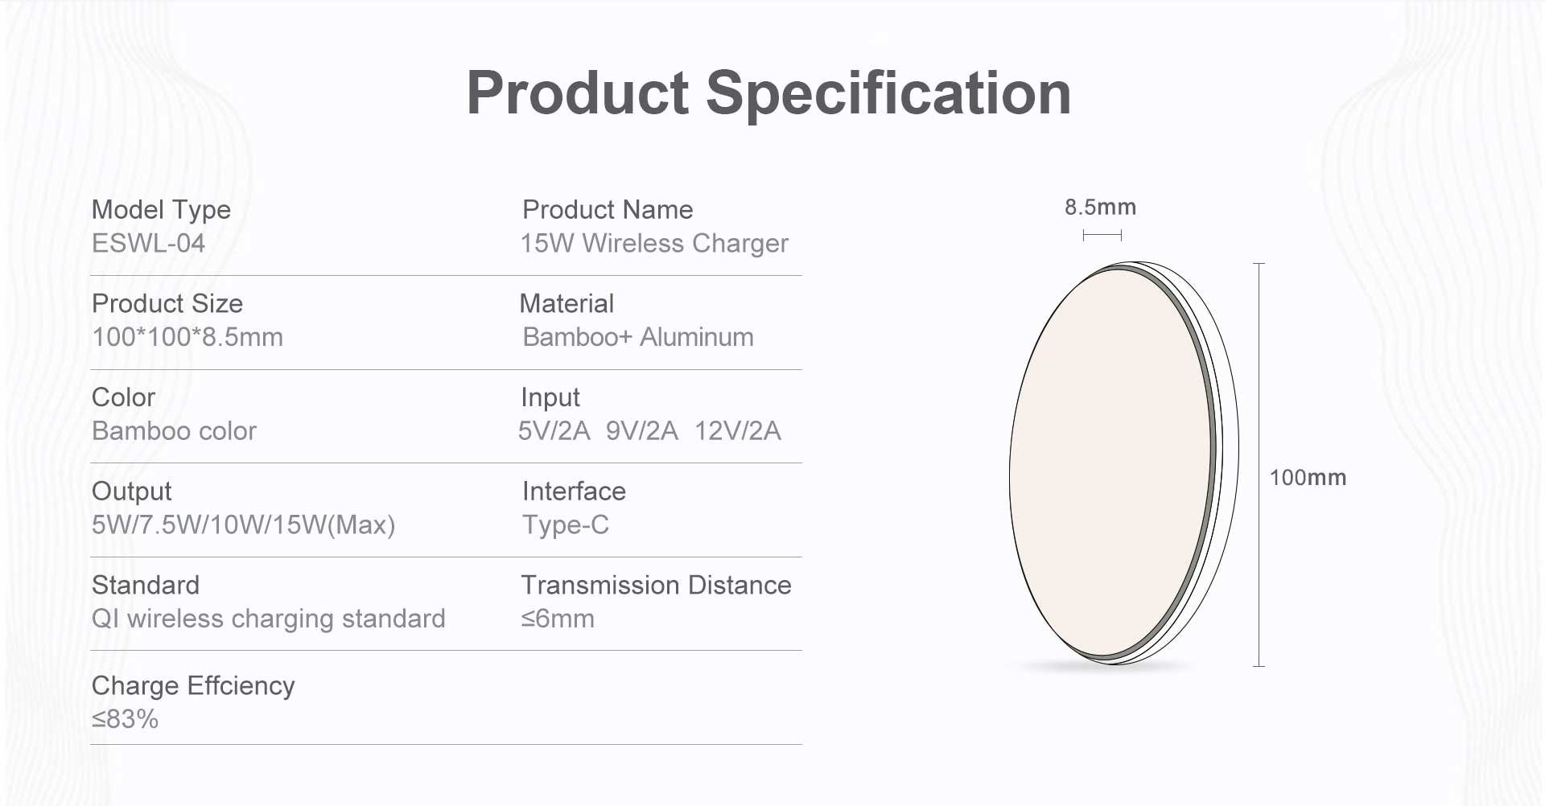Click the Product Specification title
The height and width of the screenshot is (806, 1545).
click(768, 93)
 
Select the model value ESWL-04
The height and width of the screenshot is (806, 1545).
click(148, 243)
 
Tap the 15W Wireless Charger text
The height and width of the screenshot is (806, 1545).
click(654, 244)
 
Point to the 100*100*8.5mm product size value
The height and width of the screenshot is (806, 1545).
click(187, 337)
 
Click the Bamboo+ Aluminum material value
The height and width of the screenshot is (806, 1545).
click(638, 337)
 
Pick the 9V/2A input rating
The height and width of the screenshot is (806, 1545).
click(642, 431)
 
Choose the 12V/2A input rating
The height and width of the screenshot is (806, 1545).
click(738, 431)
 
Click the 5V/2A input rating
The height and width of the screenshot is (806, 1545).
click(554, 431)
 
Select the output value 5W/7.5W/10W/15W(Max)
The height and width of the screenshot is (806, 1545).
click(243, 525)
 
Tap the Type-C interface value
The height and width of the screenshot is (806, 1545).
click(566, 525)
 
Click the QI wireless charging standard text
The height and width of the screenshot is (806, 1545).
click(269, 619)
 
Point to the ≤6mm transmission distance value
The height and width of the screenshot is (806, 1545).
click(558, 619)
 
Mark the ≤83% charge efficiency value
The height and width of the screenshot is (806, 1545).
click(125, 719)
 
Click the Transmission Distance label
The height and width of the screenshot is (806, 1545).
click(657, 585)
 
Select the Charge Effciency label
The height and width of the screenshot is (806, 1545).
click(193, 685)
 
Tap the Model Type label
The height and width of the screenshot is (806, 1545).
click(161, 210)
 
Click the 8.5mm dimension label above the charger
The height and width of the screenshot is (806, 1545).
click(1100, 208)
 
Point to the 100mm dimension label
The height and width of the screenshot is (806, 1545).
click(1308, 478)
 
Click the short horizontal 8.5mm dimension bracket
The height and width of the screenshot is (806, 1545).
click(1102, 235)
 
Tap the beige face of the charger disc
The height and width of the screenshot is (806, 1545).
click(1110, 463)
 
